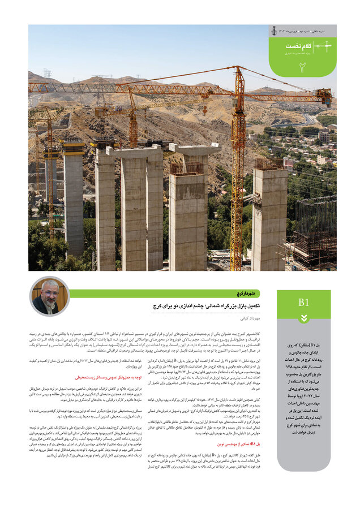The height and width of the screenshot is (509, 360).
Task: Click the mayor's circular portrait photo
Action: click(49, 296)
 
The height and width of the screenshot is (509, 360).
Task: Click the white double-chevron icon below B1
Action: click(303, 318)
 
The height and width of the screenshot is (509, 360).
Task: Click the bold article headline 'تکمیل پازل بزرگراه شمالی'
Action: click(226, 305)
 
